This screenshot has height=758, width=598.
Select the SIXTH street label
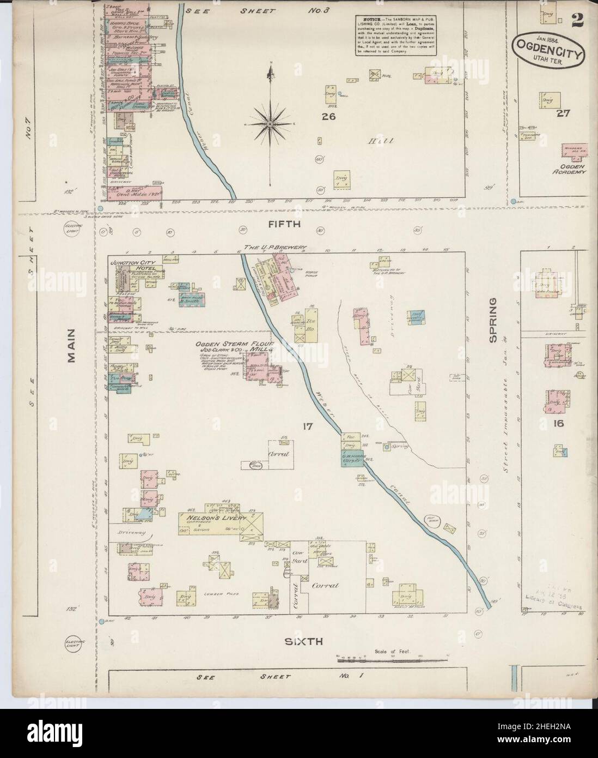tap(308, 642)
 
